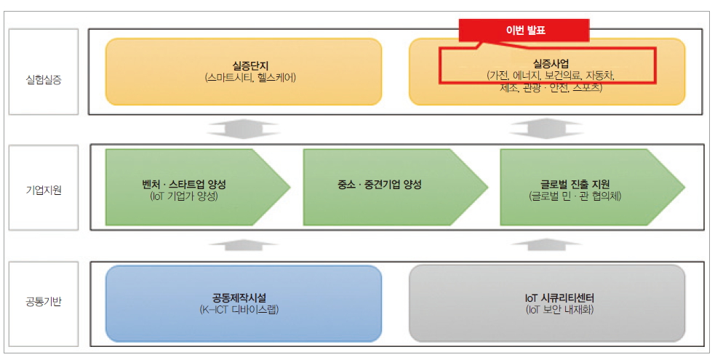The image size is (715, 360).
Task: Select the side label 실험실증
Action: (x=43, y=79)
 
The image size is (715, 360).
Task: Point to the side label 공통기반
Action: (x=43, y=301)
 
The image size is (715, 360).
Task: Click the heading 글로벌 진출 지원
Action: (x=570, y=184)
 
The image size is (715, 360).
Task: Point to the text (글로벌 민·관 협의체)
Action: (x=570, y=196)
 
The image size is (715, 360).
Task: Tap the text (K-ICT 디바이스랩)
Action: (x=243, y=310)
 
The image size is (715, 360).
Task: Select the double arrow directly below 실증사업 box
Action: (x=547, y=129)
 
